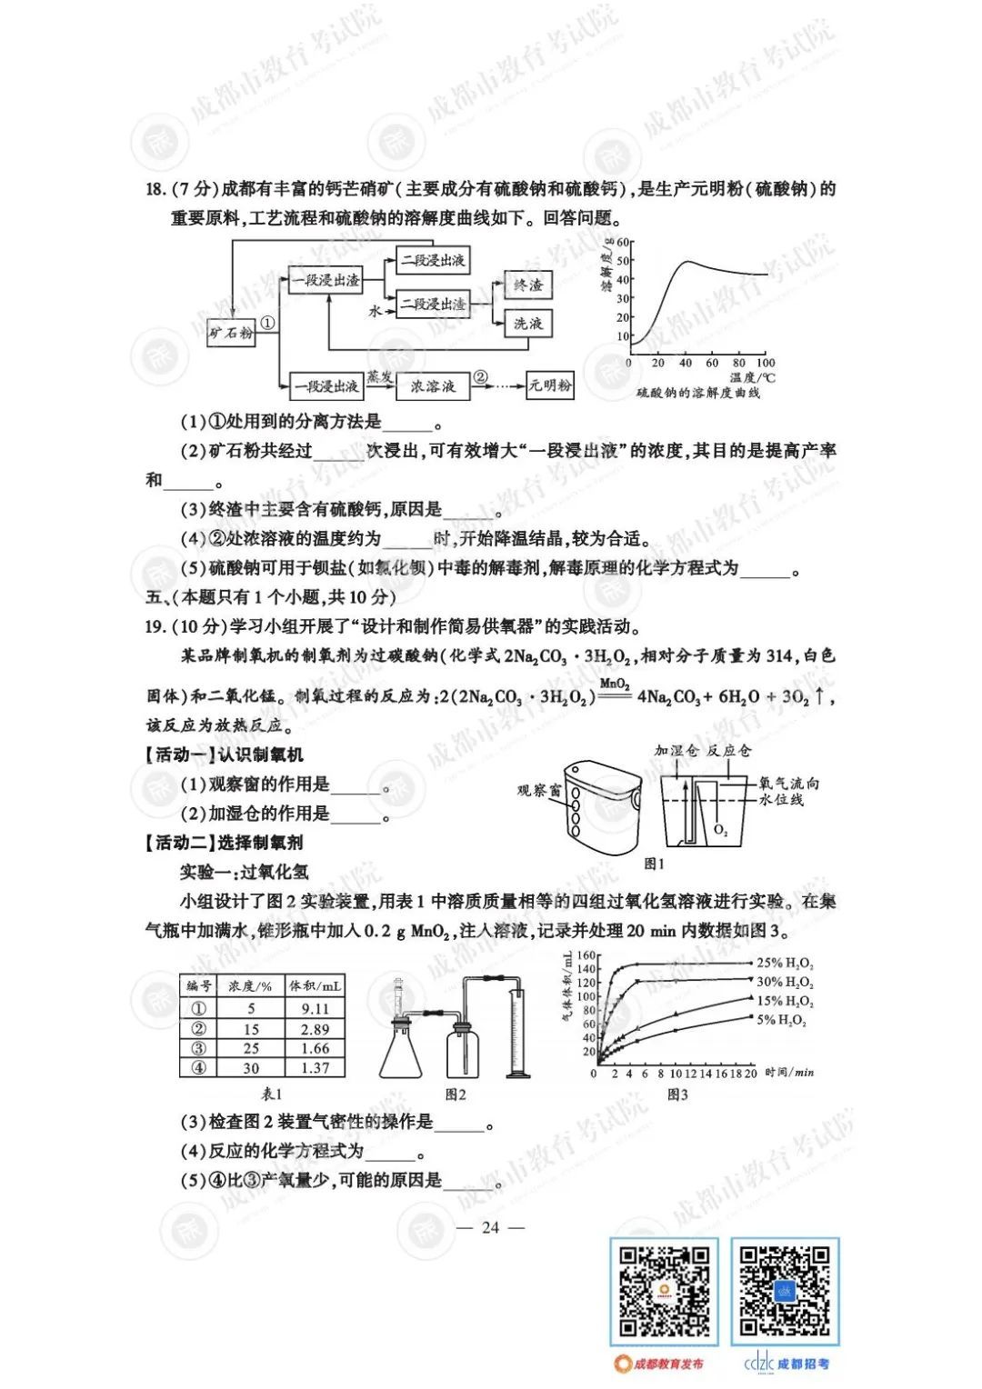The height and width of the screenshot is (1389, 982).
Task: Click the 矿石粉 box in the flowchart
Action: coord(231,333)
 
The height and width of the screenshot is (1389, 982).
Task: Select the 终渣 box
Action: coord(527,285)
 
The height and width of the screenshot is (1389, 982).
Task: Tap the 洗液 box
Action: coord(527,323)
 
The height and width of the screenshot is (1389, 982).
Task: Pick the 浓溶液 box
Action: coord(432,386)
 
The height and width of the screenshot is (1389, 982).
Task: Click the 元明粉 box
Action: coord(550,385)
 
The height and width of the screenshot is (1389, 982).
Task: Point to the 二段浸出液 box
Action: coord(433,261)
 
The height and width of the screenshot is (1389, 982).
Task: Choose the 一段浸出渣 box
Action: coord(326,281)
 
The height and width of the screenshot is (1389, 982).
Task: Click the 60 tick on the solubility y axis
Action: coord(624,243)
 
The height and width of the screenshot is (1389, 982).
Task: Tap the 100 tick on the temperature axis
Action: coord(766,363)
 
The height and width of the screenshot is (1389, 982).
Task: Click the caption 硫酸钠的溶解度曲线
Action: coord(698,393)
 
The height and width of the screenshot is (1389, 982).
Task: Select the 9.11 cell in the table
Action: coord(315,1008)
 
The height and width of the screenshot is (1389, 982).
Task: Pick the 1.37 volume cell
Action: coord(315,1068)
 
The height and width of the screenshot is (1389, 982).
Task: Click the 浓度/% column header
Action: coord(250,986)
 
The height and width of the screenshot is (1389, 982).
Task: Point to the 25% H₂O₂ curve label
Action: coord(785,964)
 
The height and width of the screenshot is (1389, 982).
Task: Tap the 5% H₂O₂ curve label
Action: coord(781,1020)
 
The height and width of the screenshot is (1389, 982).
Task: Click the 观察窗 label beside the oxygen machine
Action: coord(538,791)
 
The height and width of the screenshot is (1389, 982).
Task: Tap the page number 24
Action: coord(490,1227)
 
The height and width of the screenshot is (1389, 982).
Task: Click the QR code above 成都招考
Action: coord(785,1292)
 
